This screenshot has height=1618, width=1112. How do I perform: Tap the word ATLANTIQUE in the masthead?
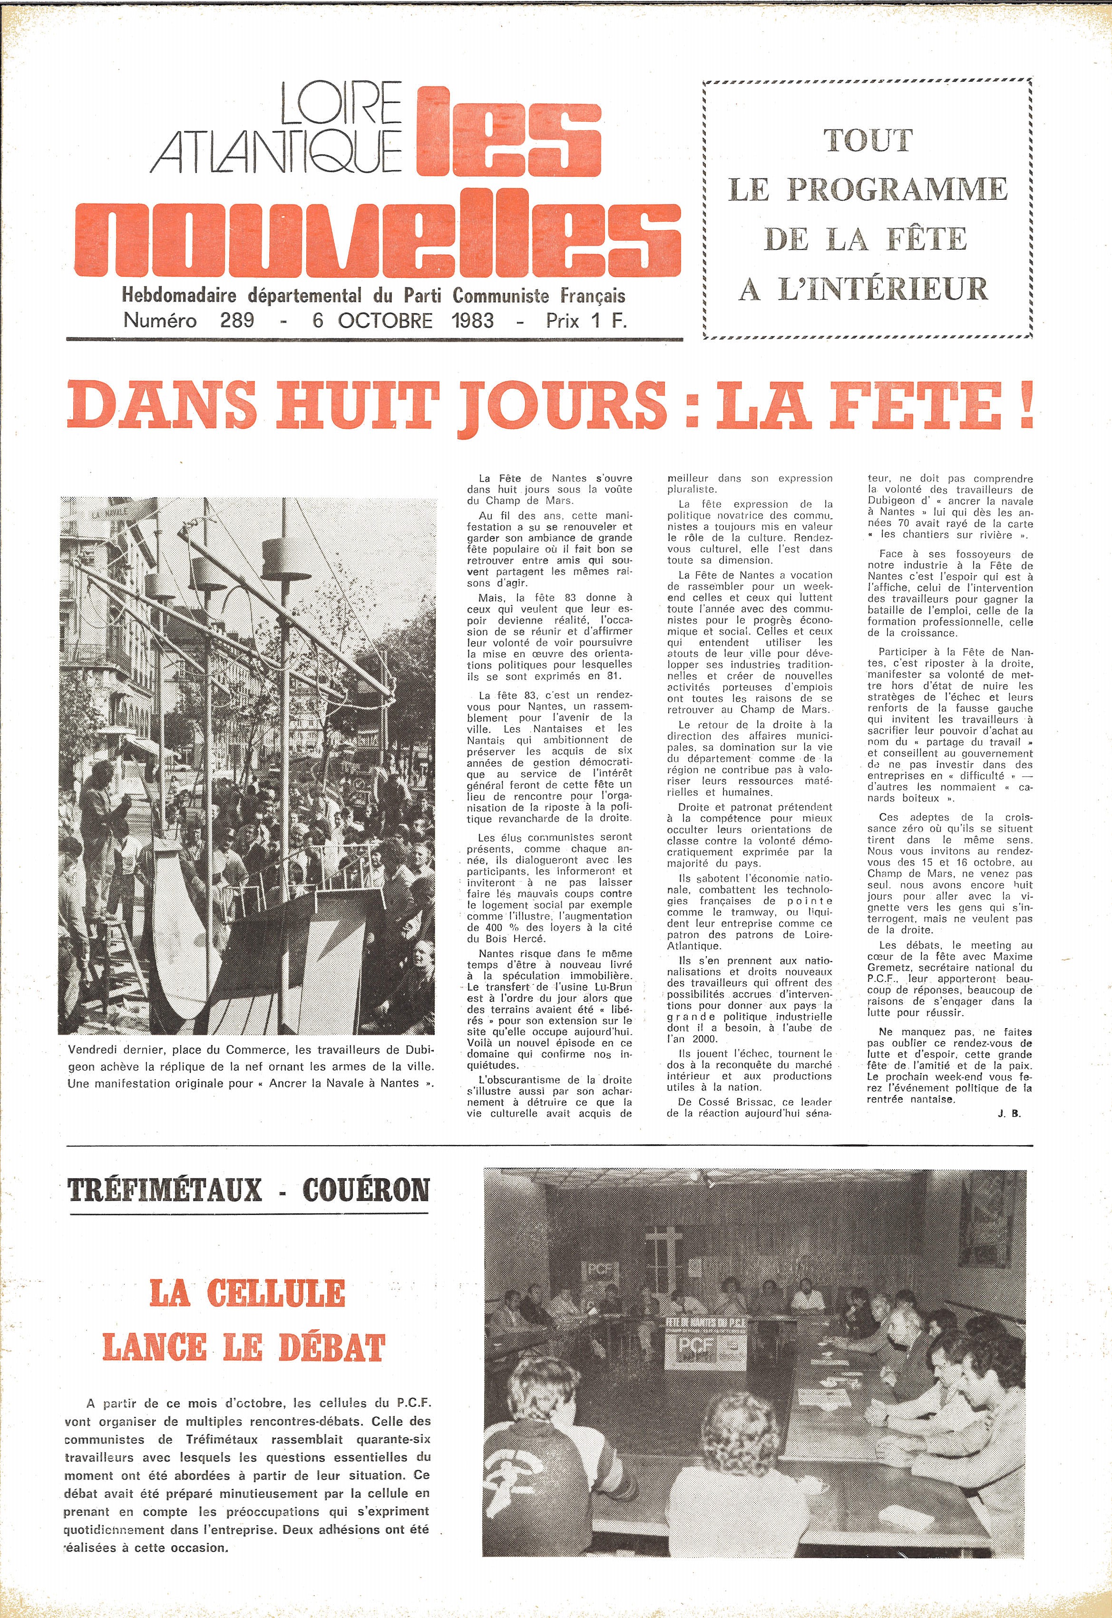tap(277, 151)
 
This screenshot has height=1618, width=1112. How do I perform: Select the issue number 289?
tap(236, 321)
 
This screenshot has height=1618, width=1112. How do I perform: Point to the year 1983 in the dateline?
tap(472, 321)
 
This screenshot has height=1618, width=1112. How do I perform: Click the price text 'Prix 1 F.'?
tap(586, 321)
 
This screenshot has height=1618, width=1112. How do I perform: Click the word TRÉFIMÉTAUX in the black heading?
tap(165, 1189)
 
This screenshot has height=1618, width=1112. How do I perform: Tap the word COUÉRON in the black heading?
tap(366, 1189)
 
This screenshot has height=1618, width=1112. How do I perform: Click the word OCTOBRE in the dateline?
tap(385, 321)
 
